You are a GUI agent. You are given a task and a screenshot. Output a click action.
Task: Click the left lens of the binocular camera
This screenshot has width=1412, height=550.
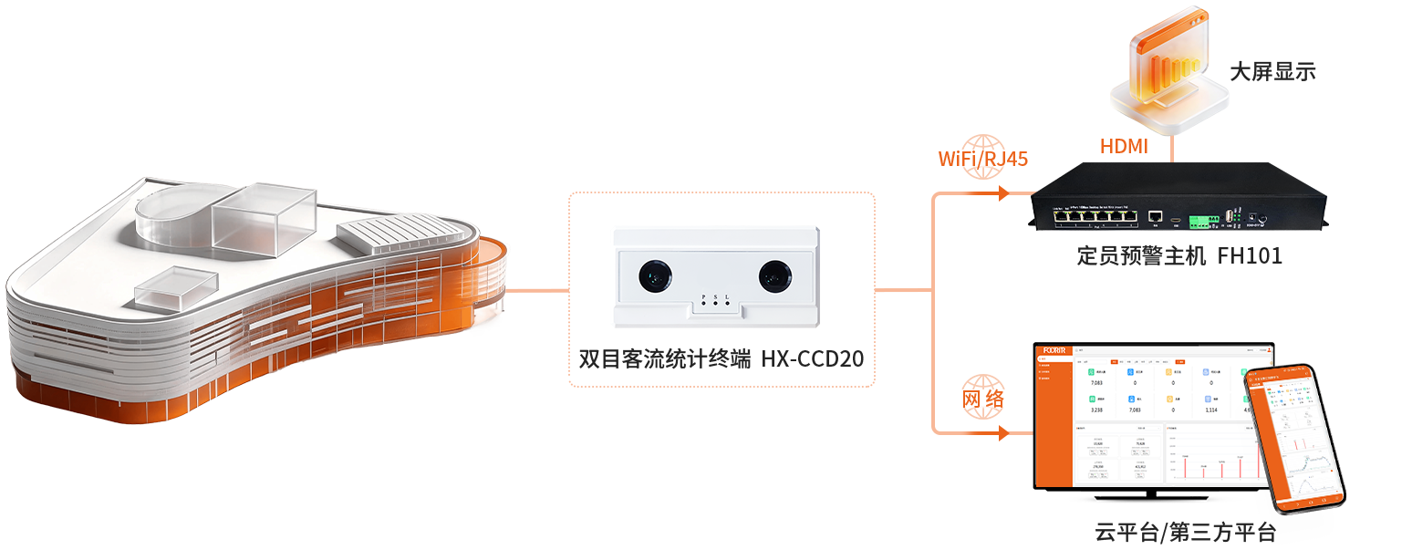click(654, 275)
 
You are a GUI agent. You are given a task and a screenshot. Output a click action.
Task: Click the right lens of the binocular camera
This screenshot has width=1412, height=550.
click(774, 275)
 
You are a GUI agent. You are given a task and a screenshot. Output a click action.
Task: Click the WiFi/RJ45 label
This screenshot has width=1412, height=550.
click(983, 159)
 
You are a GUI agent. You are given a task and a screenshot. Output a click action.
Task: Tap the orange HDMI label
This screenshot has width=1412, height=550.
click(1124, 146)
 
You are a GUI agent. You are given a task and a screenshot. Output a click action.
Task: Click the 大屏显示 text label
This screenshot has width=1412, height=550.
click(1272, 72)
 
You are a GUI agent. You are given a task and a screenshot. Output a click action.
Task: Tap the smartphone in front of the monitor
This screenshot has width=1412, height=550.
click(1294, 438)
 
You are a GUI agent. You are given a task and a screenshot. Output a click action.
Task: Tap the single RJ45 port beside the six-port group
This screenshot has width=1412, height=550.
click(1155, 217)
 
